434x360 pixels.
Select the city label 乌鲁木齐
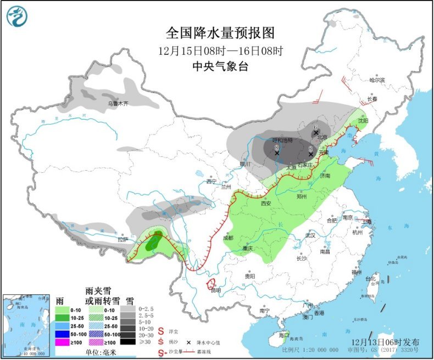(118, 103)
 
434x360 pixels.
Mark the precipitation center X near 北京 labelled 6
(316, 132)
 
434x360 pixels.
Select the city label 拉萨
(122, 239)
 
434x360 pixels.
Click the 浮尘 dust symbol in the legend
(162, 331)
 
